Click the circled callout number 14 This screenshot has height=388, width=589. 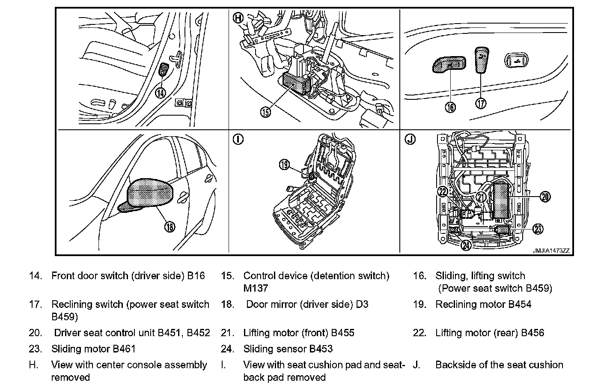(x=160, y=92)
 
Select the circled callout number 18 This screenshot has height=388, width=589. (x=170, y=227)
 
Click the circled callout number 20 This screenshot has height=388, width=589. (x=544, y=197)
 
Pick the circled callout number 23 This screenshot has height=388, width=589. (x=538, y=229)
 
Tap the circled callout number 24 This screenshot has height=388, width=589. (x=466, y=245)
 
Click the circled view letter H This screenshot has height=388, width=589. (x=238, y=18)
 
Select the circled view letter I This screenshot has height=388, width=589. (x=238, y=140)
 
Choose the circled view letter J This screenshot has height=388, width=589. (x=410, y=140)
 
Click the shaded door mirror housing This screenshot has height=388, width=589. (x=151, y=191)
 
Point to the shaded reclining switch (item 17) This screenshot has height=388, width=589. (x=482, y=60)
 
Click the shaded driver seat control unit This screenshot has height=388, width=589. (x=501, y=200)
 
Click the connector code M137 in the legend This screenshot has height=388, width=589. (x=256, y=288)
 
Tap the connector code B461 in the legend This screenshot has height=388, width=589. (x=124, y=349)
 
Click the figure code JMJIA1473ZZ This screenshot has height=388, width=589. (x=551, y=251)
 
